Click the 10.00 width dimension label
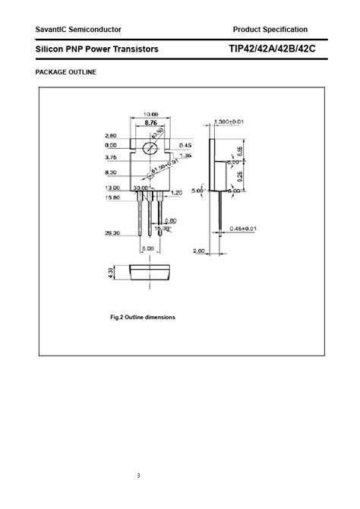pos(150,115)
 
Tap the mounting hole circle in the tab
pos(150,147)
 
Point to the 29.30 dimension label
pos(112,234)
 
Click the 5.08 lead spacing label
pos(147,248)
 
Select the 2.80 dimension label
pos(112,137)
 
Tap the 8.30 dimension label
pos(112,172)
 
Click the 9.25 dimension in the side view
pos(238,175)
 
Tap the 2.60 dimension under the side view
pos(200,251)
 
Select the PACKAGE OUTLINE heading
pos(66,72)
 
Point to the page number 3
pos(139,476)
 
